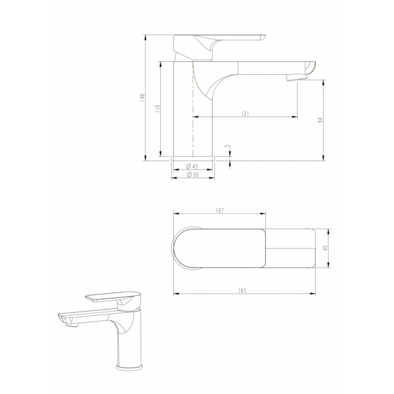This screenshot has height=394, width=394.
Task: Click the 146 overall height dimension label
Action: (142, 97)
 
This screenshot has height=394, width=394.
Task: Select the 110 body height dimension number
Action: (158, 108)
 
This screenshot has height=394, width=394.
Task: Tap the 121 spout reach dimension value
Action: (245, 114)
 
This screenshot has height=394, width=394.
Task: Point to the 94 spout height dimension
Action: (320, 120)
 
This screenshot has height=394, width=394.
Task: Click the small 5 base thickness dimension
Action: (227, 146)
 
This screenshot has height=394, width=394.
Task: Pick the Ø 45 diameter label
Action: (192, 166)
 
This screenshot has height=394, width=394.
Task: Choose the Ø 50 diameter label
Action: (192, 174)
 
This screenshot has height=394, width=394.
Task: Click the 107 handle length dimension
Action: (220, 211)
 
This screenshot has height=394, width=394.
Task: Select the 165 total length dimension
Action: (242, 290)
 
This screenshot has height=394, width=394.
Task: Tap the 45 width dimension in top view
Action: (325, 248)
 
